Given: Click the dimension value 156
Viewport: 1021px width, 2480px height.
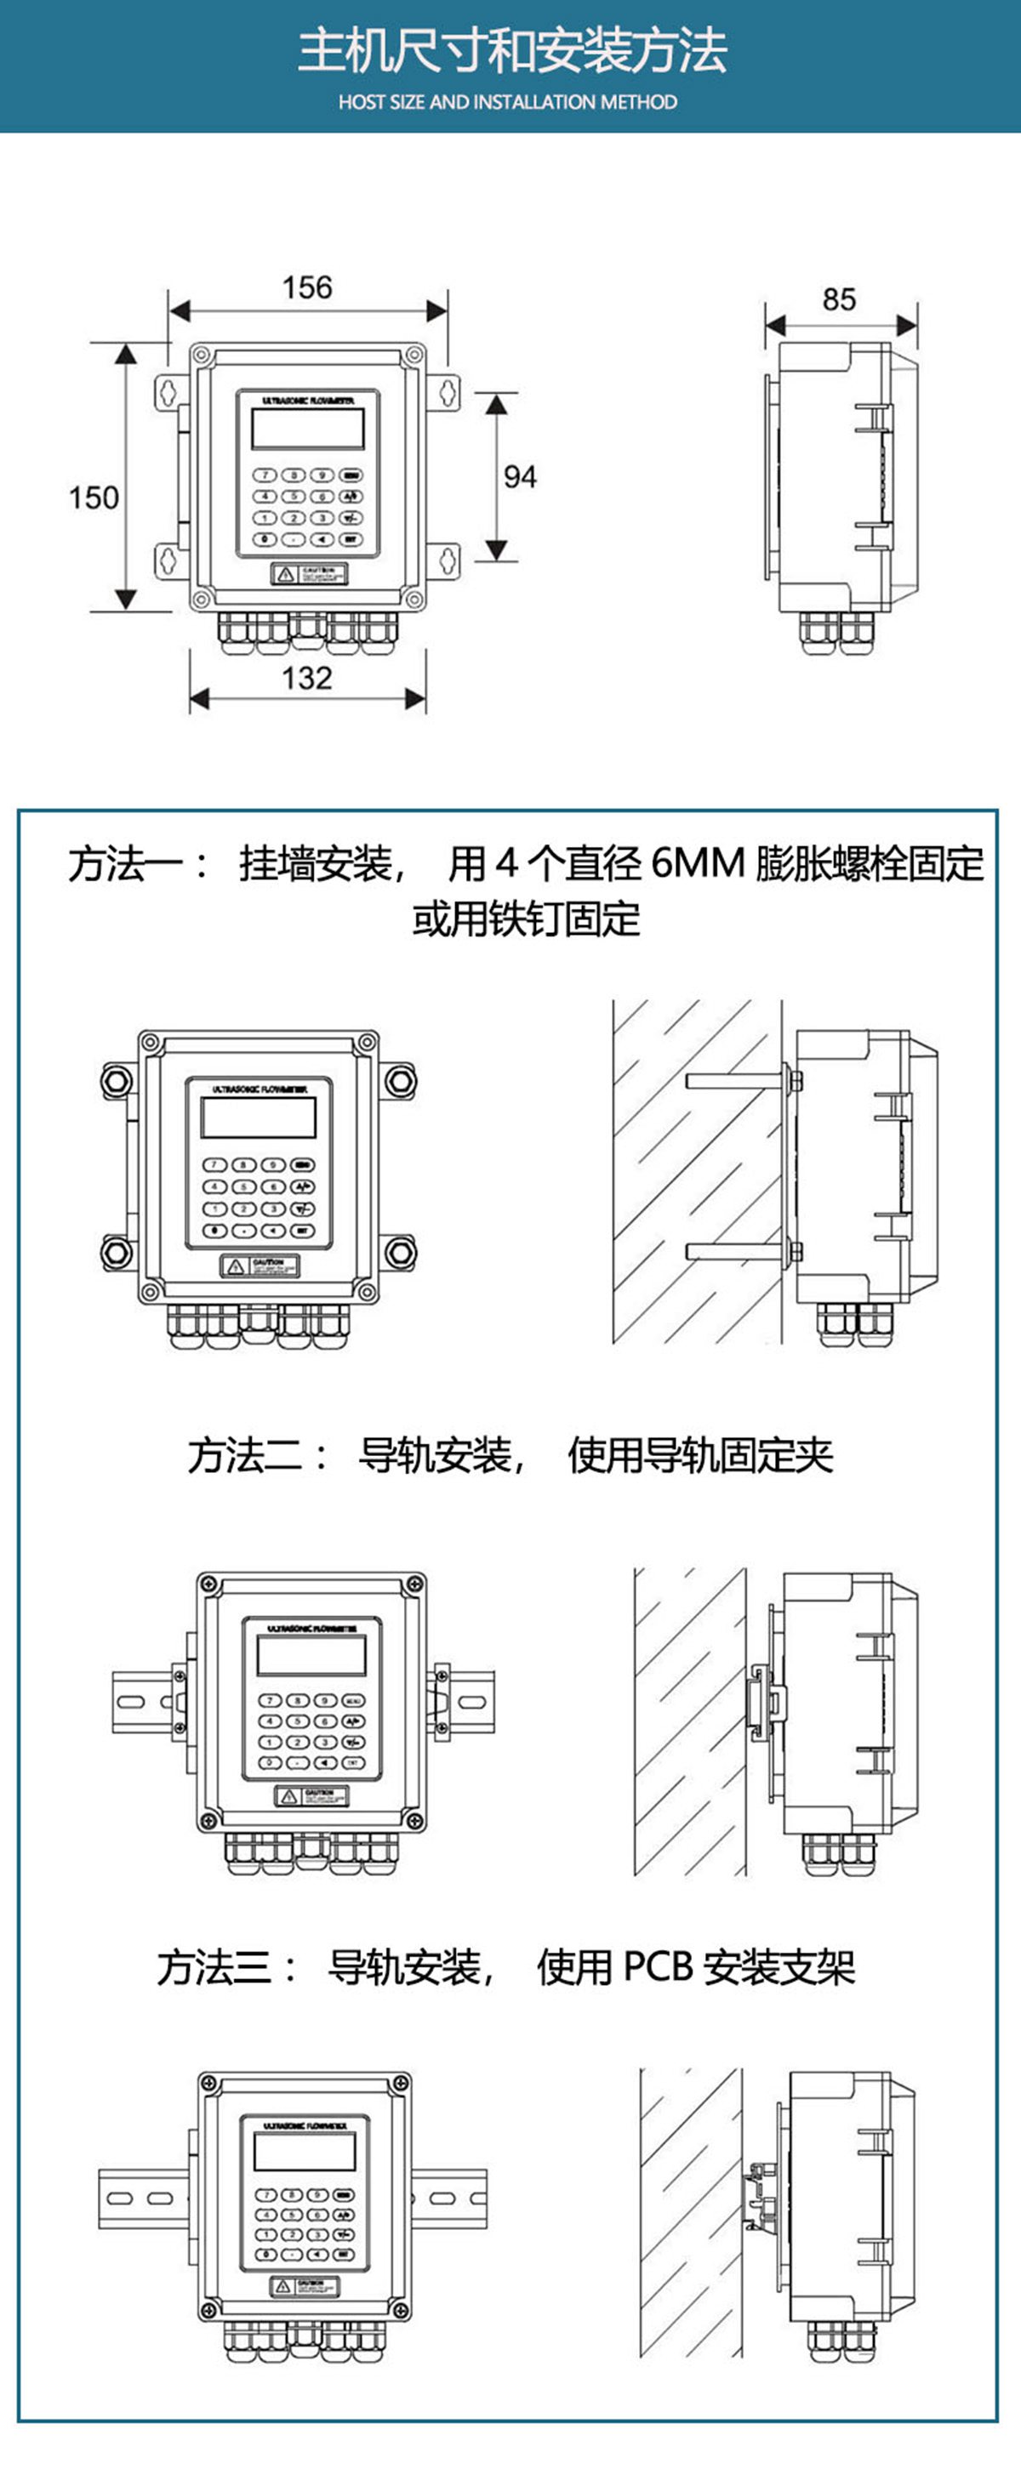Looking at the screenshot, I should tap(306, 287).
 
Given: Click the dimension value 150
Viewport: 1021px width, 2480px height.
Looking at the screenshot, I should tap(94, 497).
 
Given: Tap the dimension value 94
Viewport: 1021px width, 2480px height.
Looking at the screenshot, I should tap(520, 476).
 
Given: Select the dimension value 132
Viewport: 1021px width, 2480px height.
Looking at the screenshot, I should tap(306, 678).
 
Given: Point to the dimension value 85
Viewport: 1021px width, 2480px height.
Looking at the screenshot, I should tap(839, 299).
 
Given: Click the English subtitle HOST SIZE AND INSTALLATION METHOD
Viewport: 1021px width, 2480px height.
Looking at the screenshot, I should tap(508, 102).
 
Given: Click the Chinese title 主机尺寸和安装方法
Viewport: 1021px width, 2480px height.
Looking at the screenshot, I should tap(510, 50).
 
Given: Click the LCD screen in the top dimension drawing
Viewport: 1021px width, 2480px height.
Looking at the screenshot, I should tap(307, 429).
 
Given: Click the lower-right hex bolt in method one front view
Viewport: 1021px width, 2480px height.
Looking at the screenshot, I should tap(400, 1252).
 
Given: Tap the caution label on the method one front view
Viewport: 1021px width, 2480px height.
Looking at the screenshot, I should tap(261, 1266).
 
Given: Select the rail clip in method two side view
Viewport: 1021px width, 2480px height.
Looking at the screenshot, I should tap(766, 1700).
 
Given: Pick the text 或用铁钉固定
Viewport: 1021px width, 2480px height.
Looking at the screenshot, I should tap(525, 919).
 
